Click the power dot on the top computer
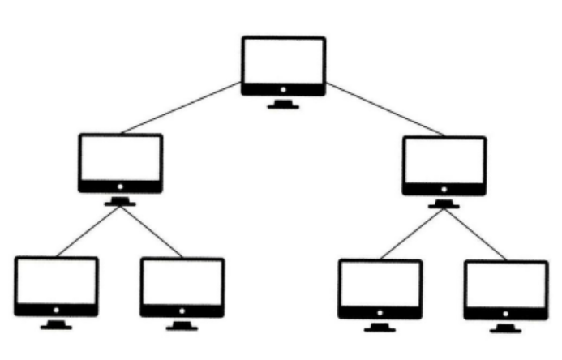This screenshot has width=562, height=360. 283,89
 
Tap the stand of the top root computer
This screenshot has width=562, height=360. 283,104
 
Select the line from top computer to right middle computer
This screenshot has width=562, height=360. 384,109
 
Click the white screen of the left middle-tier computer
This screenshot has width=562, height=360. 121,157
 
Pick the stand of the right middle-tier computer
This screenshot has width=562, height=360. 444,203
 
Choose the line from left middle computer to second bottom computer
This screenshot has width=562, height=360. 151,231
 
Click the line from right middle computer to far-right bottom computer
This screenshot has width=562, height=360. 475,234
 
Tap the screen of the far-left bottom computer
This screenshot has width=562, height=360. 57,280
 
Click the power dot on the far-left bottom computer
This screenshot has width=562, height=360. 57,309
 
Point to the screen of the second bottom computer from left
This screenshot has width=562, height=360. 182,281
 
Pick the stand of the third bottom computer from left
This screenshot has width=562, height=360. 380,327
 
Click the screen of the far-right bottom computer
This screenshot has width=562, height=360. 505,284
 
